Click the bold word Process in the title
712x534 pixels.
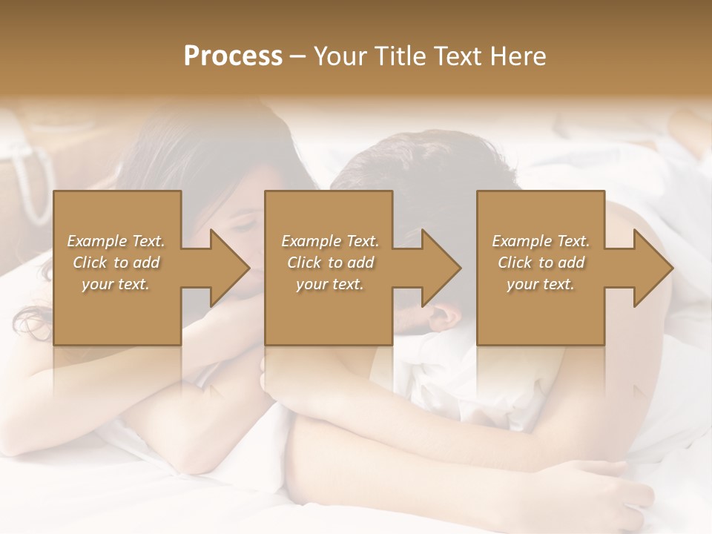click(x=233, y=56)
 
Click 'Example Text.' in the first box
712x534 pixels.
click(x=116, y=241)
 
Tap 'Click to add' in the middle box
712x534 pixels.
click(x=330, y=263)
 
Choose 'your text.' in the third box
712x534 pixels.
click(x=541, y=284)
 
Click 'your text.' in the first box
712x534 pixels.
click(x=116, y=284)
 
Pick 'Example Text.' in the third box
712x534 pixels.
click(x=541, y=241)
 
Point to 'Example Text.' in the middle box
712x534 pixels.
click(x=330, y=241)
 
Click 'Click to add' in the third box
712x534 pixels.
click(x=541, y=263)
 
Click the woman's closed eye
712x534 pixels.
click(x=245, y=223)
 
